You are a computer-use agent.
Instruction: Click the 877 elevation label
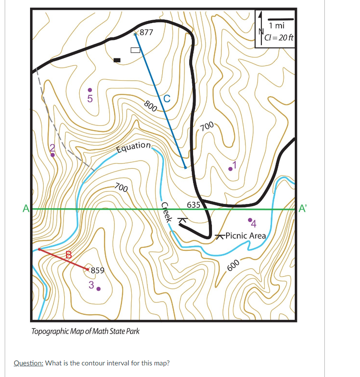(x=147, y=32)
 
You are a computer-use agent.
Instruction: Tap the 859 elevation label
(x=97, y=270)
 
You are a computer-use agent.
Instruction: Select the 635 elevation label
(x=194, y=204)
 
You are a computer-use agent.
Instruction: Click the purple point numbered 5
(x=90, y=90)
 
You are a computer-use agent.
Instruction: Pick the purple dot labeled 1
(x=230, y=169)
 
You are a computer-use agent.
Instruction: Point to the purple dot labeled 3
(x=98, y=289)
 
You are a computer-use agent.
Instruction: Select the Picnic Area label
(x=245, y=235)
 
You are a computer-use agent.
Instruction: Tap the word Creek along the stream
(x=166, y=212)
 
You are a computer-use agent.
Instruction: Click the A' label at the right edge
(x=303, y=209)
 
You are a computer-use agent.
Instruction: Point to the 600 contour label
(x=232, y=266)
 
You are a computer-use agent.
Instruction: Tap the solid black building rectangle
(x=117, y=60)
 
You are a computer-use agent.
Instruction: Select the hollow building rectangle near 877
(x=135, y=50)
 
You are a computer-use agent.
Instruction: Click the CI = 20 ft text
(x=279, y=37)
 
